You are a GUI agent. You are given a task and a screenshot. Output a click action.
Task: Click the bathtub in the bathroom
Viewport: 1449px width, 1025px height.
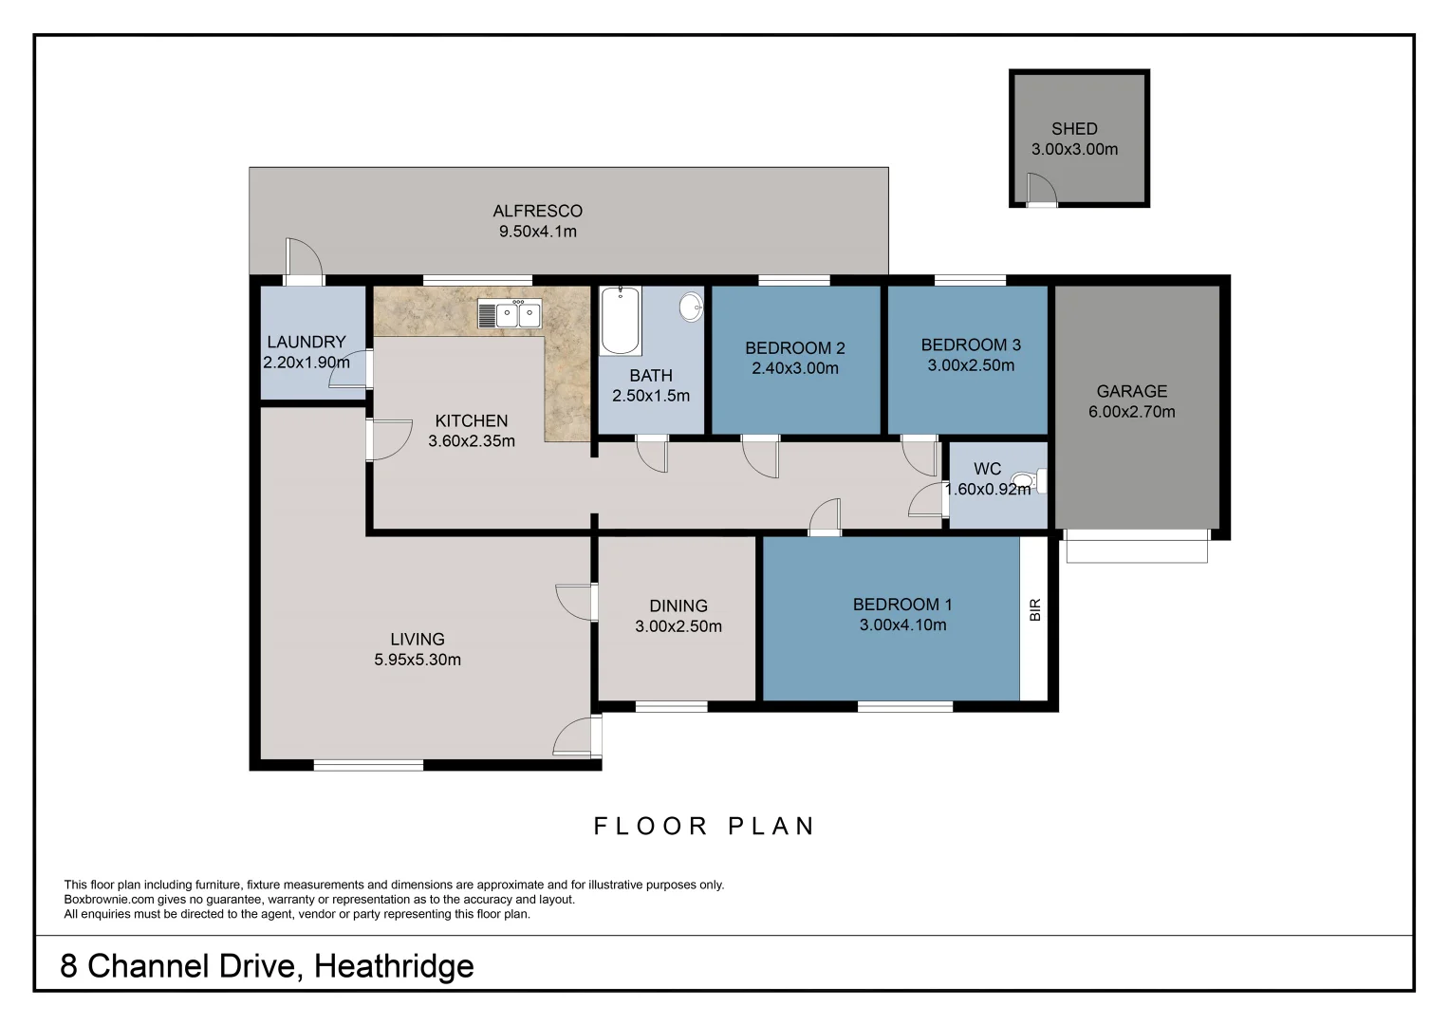pos(621,320)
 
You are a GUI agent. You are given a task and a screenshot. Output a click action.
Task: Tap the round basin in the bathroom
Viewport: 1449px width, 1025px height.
pos(691,307)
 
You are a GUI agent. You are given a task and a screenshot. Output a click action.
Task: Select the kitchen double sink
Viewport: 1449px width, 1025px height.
pos(510,314)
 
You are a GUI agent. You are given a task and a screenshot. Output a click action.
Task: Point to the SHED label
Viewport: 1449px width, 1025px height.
pos(1074,129)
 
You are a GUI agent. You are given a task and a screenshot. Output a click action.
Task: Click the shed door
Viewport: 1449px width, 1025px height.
pos(1039,191)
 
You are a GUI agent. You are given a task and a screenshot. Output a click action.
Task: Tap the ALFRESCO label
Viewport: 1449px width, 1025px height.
pos(537,211)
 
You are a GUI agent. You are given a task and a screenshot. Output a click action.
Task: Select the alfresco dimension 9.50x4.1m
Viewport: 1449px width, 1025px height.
pos(537,232)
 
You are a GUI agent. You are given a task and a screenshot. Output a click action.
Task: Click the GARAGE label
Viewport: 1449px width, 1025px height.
pos(1131,391)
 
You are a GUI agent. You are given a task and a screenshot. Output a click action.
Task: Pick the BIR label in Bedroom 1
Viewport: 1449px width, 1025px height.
pos(1034,609)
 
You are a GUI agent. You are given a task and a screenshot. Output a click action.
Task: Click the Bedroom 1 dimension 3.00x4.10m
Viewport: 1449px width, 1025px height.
pos(902,625)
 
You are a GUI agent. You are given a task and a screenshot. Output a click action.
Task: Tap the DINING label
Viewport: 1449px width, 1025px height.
pos(678,606)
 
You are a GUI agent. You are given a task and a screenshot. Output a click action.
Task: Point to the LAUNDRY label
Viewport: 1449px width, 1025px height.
pos(306,342)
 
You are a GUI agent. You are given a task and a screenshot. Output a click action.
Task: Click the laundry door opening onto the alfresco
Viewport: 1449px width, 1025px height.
pos(304,261)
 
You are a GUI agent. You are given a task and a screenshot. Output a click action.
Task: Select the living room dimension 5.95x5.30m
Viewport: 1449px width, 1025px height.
pos(417,660)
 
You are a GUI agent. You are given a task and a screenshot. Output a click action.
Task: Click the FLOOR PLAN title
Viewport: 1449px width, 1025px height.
pos(704,827)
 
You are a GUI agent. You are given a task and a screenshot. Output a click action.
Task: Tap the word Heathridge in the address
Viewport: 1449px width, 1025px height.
pos(394,966)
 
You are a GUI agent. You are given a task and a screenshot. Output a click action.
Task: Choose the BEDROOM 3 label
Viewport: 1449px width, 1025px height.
pos(970,345)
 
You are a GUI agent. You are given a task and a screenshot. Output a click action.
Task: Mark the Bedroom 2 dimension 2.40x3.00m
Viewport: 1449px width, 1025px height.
pos(794,368)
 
